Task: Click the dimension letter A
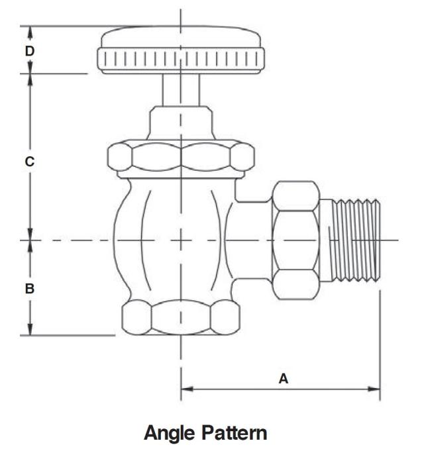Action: click(x=283, y=379)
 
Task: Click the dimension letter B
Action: click(x=29, y=289)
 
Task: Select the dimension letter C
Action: click(x=29, y=161)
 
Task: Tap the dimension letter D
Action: click(x=29, y=50)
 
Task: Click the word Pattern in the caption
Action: click(x=235, y=434)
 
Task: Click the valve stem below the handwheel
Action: click(x=181, y=89)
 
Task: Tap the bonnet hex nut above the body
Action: click(x=181, y=156)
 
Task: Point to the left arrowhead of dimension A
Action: click(x=185, y=389)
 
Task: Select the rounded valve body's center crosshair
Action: click(x=181, y=239)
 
